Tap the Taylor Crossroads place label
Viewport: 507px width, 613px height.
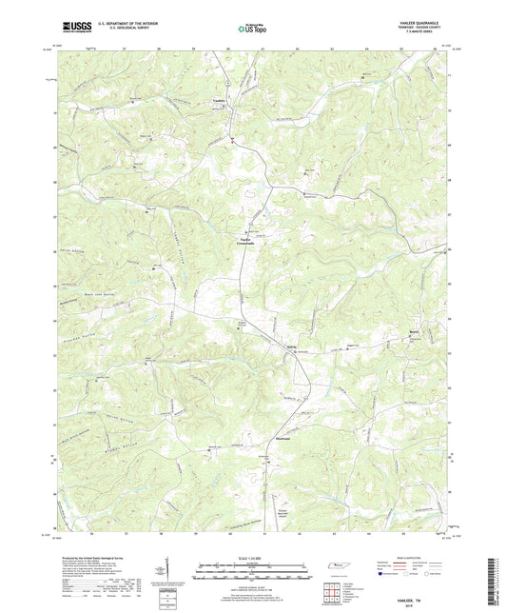[245, 241]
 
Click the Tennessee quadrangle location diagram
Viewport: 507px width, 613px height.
[335, 567]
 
